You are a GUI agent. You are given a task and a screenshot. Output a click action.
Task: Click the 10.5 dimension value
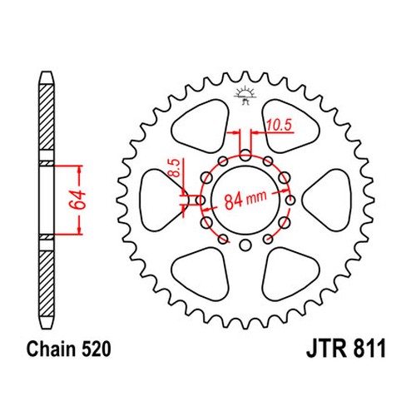(279, 125)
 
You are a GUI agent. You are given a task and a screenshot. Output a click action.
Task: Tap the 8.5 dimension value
(176, 168)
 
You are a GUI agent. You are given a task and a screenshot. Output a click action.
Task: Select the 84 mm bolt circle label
(245, 200)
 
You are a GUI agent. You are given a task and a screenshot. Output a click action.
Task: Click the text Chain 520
(69, 349)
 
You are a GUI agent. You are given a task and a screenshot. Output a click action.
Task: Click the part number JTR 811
(346, 349)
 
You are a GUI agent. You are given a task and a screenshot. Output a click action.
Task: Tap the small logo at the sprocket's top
(245, 95)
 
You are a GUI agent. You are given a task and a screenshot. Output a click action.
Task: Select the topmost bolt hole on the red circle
(245, 155)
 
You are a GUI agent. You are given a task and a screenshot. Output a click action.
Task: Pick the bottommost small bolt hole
(245, 245)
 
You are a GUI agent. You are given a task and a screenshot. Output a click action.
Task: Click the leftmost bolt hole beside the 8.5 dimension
(201, 200)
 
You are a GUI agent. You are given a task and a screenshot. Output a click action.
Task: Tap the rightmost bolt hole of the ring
(290, 200)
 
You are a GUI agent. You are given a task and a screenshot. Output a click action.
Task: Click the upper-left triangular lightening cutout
(201, 126)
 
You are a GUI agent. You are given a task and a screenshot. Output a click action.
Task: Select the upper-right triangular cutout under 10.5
(290, 126)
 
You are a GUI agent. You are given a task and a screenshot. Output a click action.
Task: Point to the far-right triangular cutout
(327, 200)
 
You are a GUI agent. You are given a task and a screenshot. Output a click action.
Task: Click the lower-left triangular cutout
(201, 274)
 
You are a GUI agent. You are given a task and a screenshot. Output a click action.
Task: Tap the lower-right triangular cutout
(290, 274)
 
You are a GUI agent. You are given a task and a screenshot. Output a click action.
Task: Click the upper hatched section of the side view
(47, 117)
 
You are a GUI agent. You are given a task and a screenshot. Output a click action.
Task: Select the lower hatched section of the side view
(47, 284)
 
